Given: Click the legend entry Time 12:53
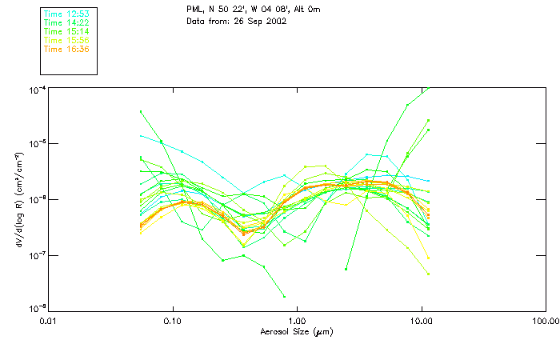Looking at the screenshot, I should [66, 14].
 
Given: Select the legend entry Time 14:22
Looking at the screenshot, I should [66, 23].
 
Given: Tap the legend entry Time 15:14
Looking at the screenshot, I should [66, 32].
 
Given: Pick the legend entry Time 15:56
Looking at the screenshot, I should [66, 41].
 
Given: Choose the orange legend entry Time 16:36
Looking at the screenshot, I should [66, 50].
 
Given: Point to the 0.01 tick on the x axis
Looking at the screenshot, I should [48, 321].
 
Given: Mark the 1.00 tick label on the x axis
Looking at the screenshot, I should [297, 321].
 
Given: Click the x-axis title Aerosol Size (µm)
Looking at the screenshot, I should [296, 331].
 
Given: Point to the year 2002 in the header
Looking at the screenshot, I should [275, 21].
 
